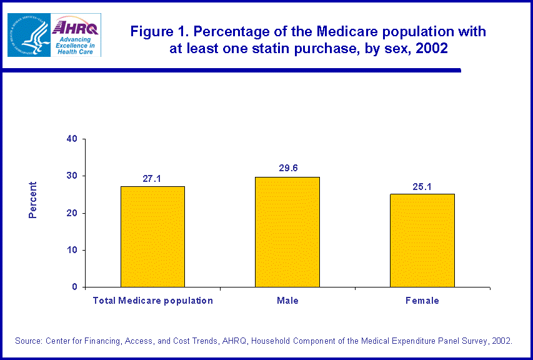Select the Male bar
(x=287, y=232)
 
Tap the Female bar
(x=422, y=240)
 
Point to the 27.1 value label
(x=152, y=179)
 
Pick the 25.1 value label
(x=422, y=186)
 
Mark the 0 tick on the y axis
(x=74, y=287)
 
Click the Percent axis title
(x=33, y=200)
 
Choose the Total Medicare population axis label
(x=152, y=301)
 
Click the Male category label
(x=287, y=301)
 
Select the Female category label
(x=422, y=301)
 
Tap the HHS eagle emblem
(x=27, y=35)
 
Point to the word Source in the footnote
(x=30, y=341)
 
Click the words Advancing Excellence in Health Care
(x=75, y=45)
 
